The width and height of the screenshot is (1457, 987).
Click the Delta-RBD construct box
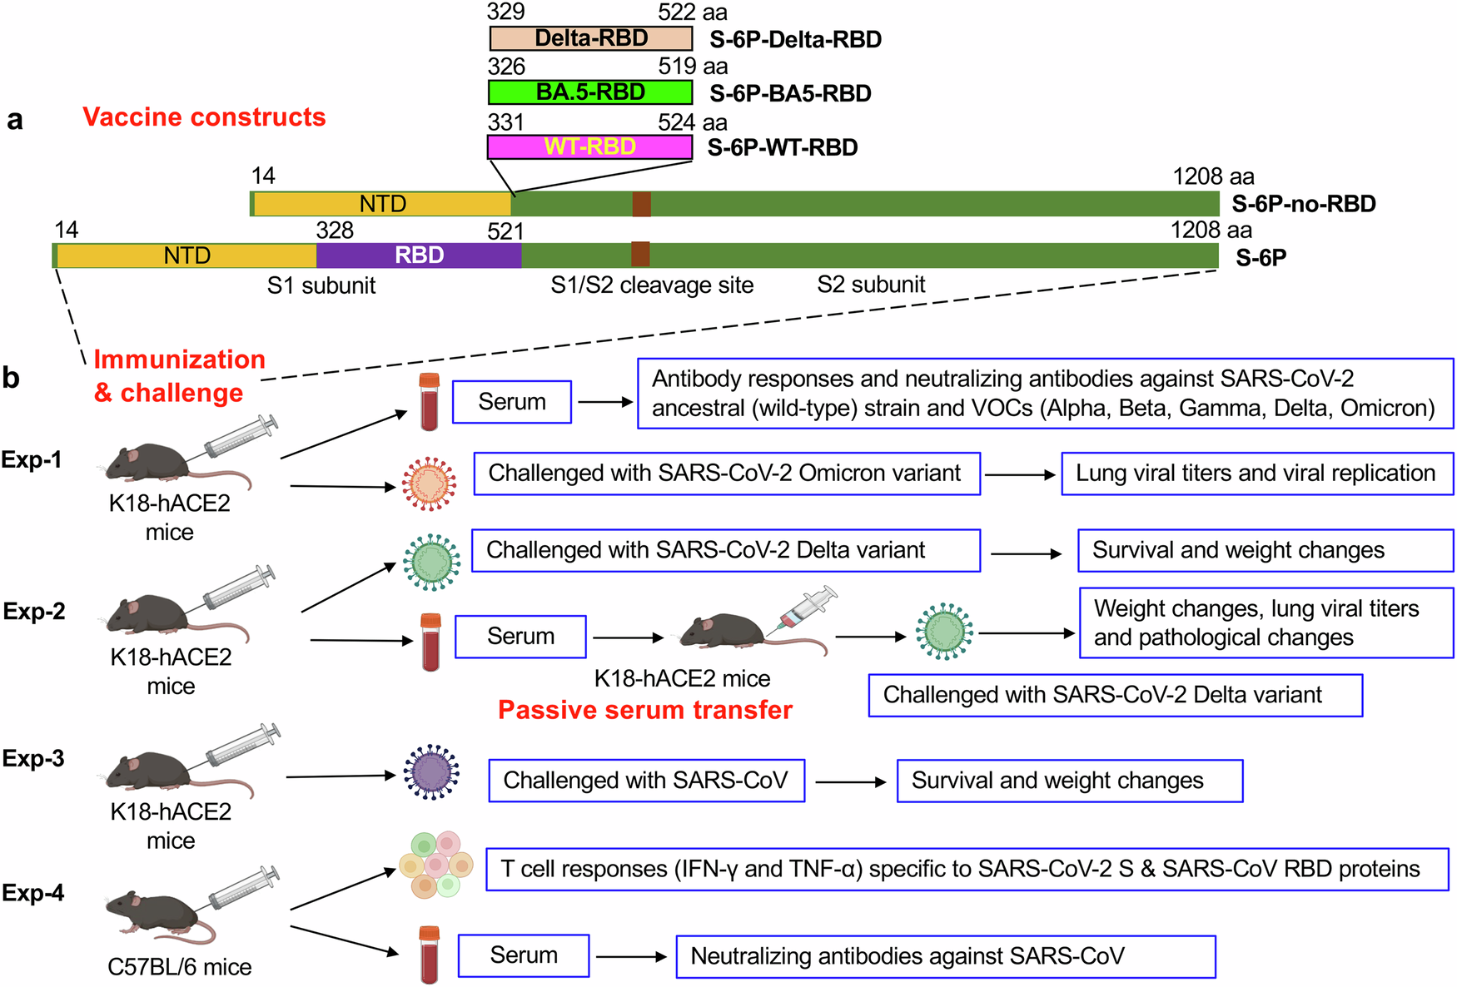click(590, 38)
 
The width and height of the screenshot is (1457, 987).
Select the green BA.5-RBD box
click(590, 92)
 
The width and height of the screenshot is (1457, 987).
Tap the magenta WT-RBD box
click(589, 147)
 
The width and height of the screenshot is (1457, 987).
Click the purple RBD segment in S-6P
click(419, 255)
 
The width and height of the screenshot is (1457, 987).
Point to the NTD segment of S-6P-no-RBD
click(382, 204)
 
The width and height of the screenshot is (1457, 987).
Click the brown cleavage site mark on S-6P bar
click(639, 255)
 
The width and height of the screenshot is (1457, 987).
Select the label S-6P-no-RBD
click(1303, 204)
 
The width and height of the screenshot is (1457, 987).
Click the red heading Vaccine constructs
click(204, 117)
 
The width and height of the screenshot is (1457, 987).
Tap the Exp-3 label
click(33, 759)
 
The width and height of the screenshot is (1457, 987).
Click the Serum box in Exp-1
click(512, 402)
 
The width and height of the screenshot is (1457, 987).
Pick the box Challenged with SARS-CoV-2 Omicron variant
click(726, 474)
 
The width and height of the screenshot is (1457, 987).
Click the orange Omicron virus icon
click(429, 484)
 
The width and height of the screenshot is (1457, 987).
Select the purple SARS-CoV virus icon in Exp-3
click(430, 772)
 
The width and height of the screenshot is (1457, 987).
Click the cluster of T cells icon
click(436, 865)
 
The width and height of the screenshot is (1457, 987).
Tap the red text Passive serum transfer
click(644, 710)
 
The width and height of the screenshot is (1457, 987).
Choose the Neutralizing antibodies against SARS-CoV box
click(945, 956)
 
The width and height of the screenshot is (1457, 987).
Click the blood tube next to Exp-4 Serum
click(429, 955)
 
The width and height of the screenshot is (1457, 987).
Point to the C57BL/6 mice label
click(179, 967)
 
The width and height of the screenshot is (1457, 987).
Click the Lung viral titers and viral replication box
click(1256, 474)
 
